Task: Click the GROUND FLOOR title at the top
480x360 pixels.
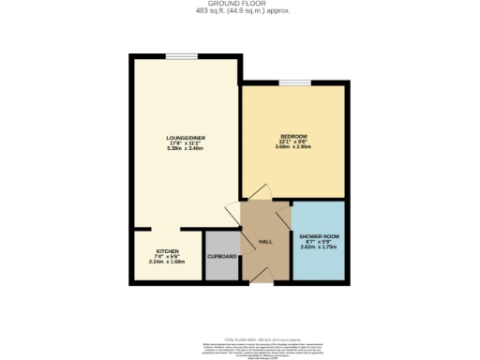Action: click(x=239, y=4)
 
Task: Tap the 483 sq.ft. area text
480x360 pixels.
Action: click(x=239, y=10)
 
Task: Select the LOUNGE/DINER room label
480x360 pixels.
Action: click(x=186, y=138)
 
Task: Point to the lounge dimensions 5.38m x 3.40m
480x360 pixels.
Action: click(x=186, y=149)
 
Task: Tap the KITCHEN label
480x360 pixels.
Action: click(x=167, y=252)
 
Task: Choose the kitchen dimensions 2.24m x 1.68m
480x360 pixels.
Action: click(x=167, y=262)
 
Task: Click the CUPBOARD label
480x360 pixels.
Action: click(x=221, y=255)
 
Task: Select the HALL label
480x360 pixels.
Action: click(x=265, y=242)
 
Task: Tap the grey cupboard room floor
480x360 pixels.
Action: click(x=221, y=267)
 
